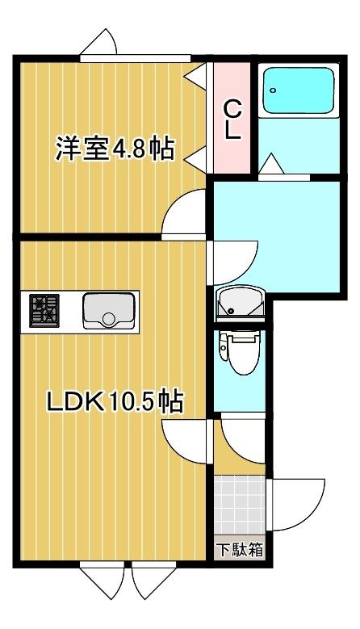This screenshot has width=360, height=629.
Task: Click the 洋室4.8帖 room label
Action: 115,149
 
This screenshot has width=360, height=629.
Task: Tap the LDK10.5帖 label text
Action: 115,400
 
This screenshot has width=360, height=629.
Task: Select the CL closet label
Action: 232,120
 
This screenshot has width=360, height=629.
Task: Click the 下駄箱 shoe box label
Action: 240,549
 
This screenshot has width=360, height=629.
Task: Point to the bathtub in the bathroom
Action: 299,91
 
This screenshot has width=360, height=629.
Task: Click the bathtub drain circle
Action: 273,90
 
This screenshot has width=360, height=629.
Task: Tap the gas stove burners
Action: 44,311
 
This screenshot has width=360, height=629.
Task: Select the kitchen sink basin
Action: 109,311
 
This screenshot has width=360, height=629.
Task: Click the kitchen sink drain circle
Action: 109,319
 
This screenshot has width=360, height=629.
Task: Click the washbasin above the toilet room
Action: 240,304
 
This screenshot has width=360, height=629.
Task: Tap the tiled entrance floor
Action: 240,505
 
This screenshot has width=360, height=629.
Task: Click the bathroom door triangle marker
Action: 271,164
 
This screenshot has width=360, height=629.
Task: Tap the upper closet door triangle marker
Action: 196,74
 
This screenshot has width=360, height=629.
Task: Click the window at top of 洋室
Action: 135,59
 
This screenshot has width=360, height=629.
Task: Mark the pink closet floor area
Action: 232,118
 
